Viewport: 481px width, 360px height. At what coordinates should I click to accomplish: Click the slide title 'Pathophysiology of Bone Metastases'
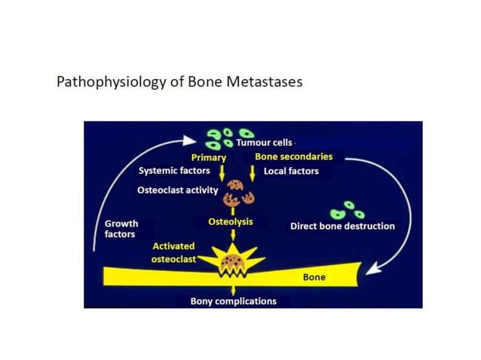point(179,81)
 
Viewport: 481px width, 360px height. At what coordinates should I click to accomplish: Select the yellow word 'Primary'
point(209,157)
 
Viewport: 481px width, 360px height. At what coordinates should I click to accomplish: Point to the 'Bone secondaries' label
point(293,157)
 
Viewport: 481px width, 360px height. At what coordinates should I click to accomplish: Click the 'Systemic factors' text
point(174,171)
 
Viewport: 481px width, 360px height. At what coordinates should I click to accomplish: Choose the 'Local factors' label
point(291,171)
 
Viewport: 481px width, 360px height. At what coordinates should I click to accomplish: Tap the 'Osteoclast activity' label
point(177,190)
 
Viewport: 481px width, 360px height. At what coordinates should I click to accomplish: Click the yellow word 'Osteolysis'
point(230,222)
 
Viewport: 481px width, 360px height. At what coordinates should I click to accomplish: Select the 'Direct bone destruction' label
point(342,226)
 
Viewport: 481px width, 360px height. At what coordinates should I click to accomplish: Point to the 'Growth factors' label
point(121,229)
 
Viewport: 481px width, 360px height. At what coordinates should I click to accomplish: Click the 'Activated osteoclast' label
point(173,252)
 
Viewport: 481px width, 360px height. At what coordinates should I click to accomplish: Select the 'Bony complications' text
point(232,301)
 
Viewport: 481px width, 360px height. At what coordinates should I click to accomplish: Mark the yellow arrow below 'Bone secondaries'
point(253,172)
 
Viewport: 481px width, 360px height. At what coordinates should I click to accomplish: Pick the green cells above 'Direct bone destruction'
point(348,209)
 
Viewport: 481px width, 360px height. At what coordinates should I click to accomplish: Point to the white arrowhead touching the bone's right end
point(372,267)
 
